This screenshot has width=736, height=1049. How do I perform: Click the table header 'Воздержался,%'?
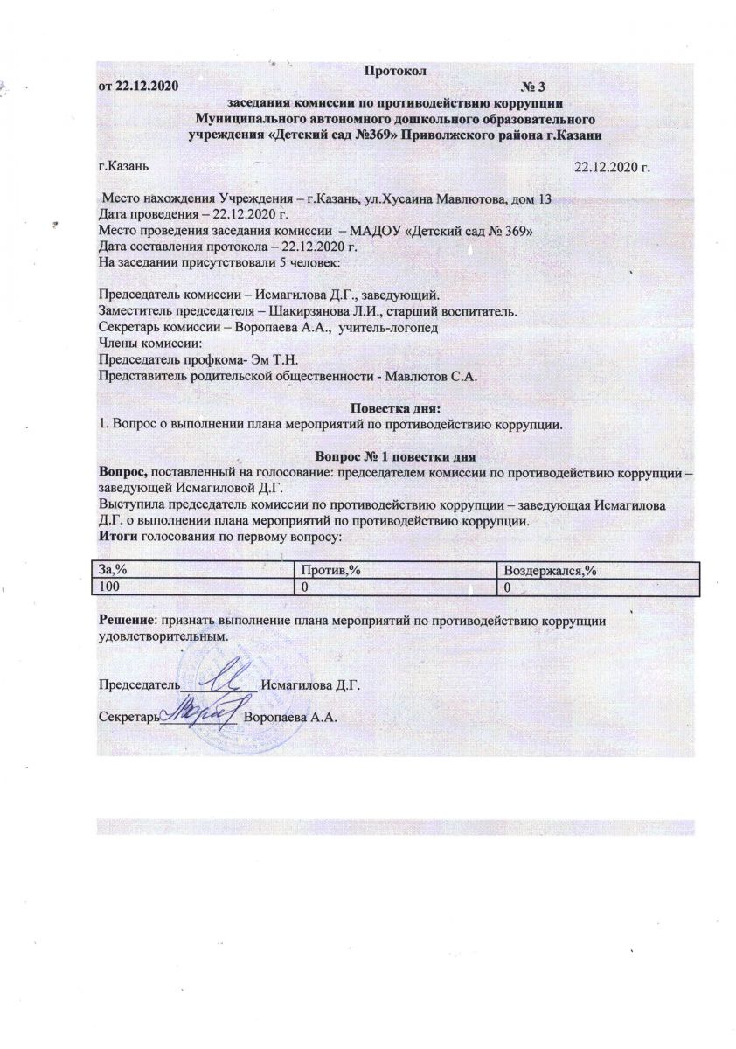pyautogui.click(x=545, y=570)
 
